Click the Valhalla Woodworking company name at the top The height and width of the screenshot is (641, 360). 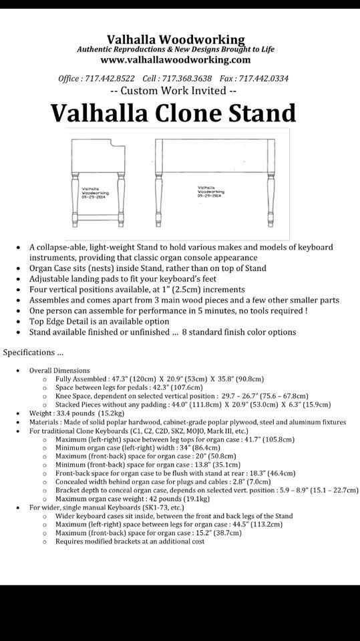pyautogui.click(x=176, y=40)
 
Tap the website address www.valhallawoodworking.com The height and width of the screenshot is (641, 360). pyautogui.click(x=176, y=59)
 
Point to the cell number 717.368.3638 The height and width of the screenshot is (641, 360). pyautogui.click(x=187, y=78)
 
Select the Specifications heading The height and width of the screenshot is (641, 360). pyautogui.click(x=33, y=352)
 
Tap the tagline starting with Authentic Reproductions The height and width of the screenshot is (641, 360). pyautogui.click(x=176, y=49)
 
